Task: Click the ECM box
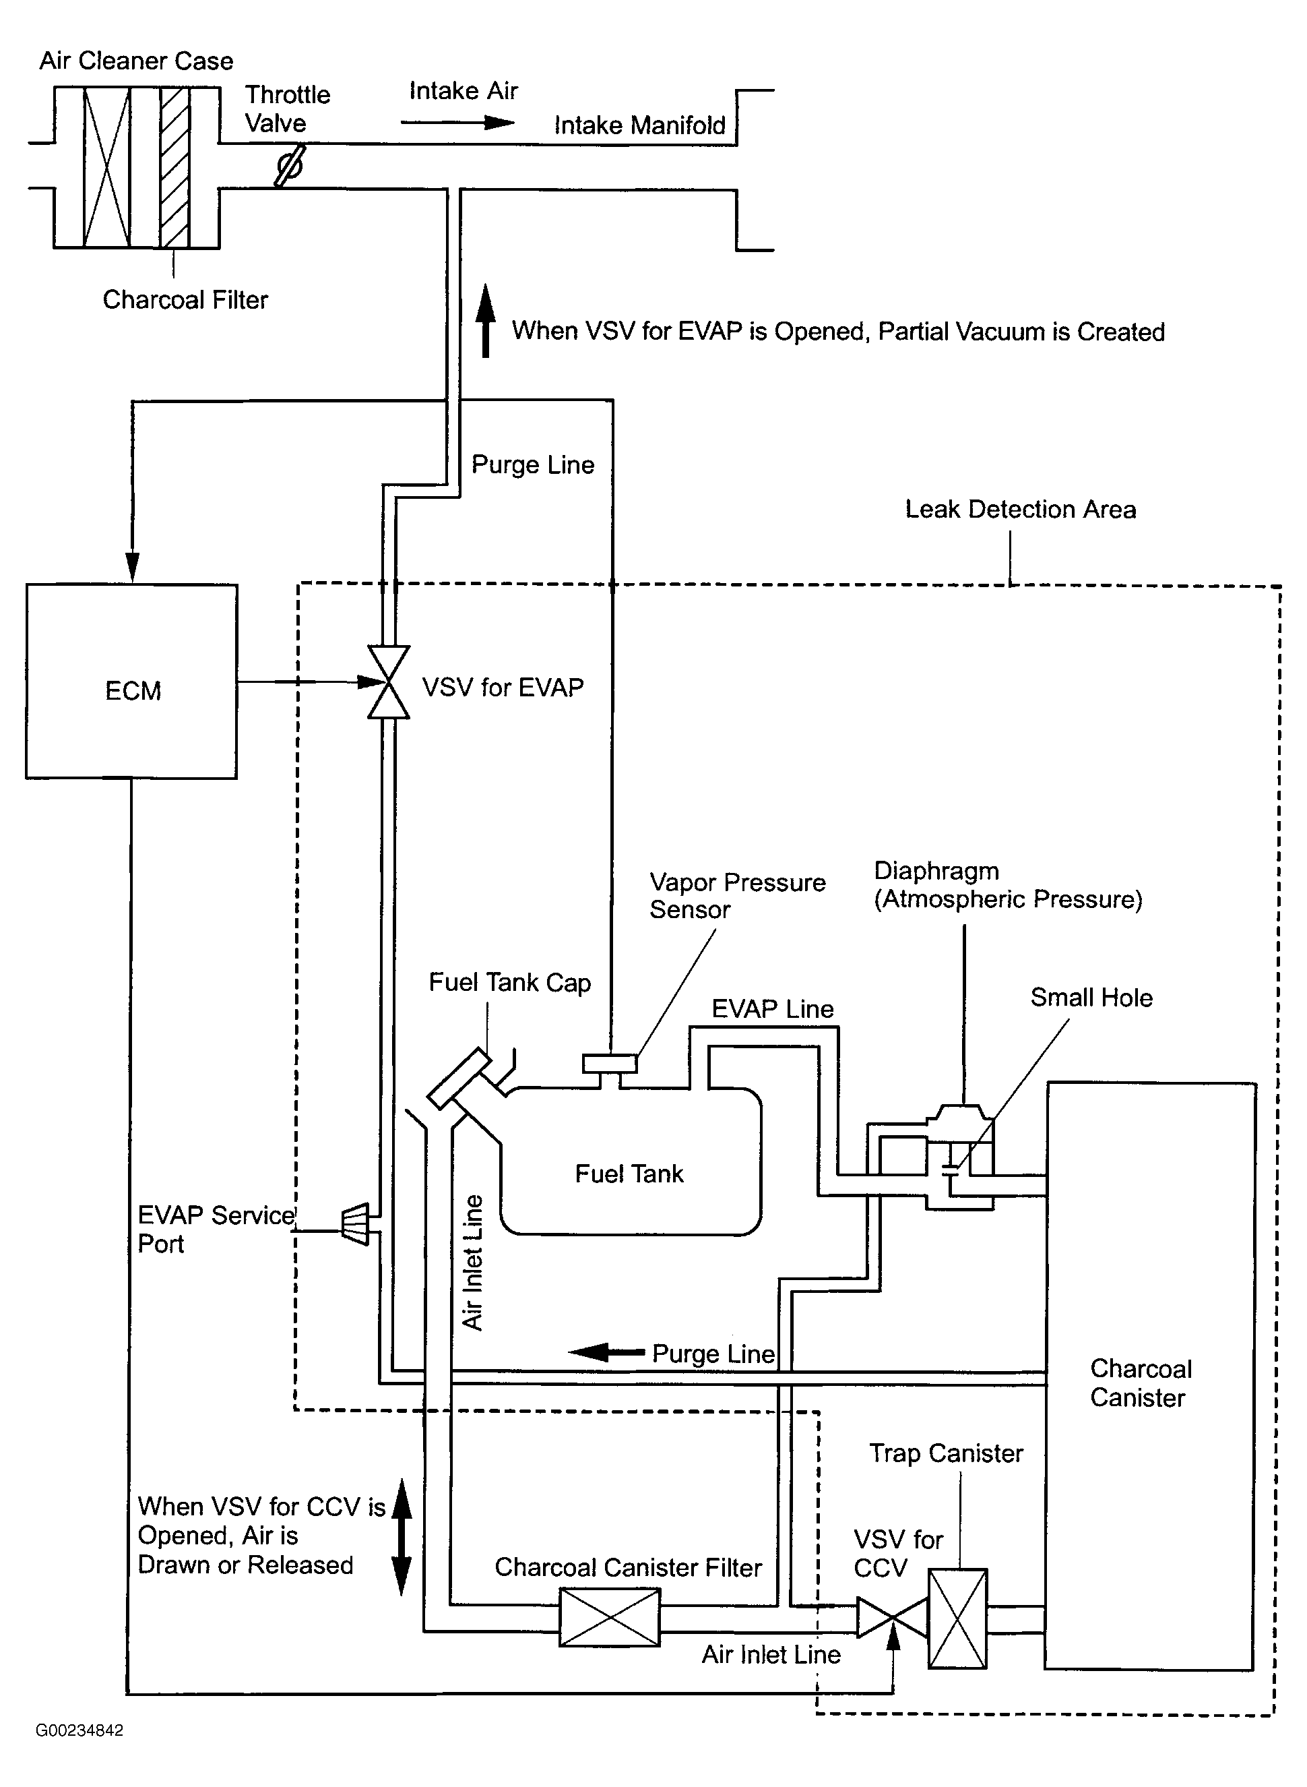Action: [131, 682]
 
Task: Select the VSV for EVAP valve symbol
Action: [389, 682]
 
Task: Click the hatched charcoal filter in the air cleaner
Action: [174, 167]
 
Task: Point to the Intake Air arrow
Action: [457, 123]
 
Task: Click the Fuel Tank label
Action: [629, 1173]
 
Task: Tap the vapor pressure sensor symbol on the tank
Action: [610, 1065]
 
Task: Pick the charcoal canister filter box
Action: [609, 1617]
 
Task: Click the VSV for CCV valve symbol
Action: [893, 1618]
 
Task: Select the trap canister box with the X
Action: [957, 1618]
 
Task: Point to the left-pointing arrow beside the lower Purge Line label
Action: [607, 1352]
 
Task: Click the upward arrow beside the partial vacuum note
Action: [486, 320]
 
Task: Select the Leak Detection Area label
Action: [1021, 509]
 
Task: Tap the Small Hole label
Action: [1091, 997]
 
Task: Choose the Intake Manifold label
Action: [639, 125]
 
